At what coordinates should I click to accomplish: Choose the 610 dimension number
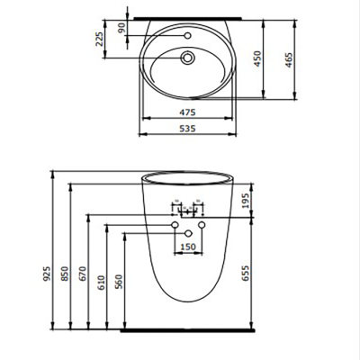pyautogui.click(x=100, y=283)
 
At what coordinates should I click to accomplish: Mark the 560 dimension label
pyautogui.click(x=118, y=283)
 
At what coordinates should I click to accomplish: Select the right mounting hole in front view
pyautogui.click(x=203, y=222)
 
